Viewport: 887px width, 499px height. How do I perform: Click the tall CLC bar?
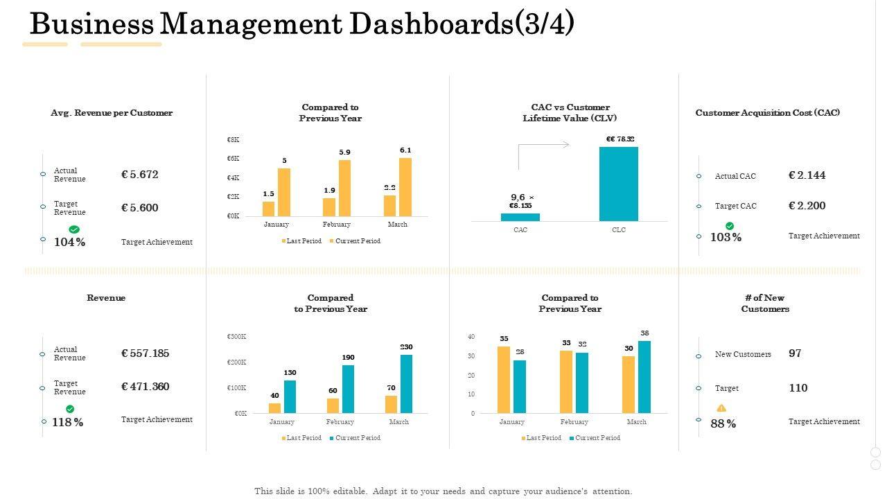618,184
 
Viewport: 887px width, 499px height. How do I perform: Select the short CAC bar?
520,217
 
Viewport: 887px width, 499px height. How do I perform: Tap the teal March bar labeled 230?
406,384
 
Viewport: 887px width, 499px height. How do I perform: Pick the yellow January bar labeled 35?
504,380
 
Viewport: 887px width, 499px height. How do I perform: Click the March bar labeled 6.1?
405,186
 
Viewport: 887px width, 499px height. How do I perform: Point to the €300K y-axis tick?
237,337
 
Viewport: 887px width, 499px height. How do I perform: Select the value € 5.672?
139,175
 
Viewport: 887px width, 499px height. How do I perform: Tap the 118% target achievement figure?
68,422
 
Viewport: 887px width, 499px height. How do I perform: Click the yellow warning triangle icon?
721,408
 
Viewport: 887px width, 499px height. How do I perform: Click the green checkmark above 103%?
730,226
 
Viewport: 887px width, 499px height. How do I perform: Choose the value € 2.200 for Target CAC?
807,206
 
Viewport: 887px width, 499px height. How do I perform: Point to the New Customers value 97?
795,353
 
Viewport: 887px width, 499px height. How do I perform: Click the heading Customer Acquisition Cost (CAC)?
767,113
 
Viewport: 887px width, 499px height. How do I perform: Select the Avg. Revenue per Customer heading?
112,113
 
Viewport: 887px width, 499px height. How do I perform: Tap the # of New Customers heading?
765,304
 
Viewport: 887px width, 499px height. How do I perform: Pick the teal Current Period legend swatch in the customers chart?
572,438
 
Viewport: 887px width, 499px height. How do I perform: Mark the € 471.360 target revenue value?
145,387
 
